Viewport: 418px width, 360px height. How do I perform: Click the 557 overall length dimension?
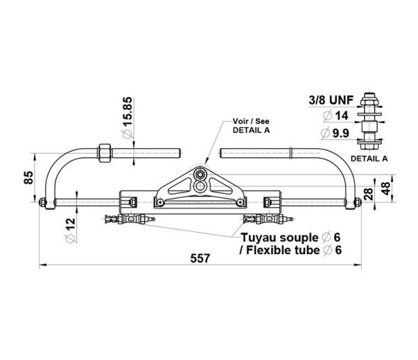coord(200,258)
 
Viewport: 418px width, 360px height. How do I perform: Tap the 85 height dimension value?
coord(28,177)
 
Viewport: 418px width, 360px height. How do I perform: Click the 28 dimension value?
coord(368,194)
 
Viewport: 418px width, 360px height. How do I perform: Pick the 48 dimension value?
coord(386,188)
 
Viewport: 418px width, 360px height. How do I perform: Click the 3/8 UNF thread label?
coord(331,100)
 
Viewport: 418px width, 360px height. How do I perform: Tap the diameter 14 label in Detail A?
coord(336,116)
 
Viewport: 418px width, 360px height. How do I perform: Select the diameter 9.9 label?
coord(335,133)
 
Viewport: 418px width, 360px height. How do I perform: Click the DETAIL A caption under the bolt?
coord(369,159)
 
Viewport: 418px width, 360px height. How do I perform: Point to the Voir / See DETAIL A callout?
coord(251,126)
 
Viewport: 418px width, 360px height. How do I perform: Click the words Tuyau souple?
coord(279,238)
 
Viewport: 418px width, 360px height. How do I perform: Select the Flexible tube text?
coord(283,250)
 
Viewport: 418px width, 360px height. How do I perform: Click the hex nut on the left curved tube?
coord(104,153)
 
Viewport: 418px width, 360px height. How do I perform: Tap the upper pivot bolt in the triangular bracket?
coord(199,175)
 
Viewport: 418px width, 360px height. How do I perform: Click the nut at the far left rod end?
coord(43,202)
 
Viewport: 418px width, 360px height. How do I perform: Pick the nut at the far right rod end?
coord(358,202)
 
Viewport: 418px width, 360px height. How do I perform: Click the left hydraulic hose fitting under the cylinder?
coord(129,219)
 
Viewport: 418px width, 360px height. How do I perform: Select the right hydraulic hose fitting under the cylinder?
coord(267,219)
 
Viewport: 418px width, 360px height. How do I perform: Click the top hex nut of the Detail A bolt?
coord(369,101)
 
